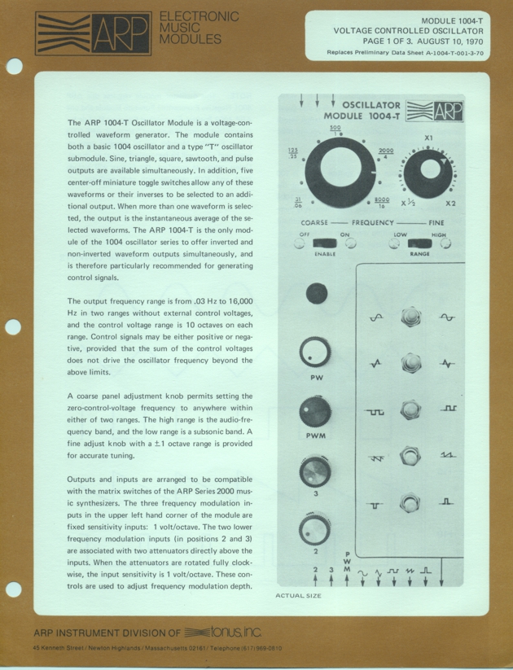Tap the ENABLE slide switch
325,242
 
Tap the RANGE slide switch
420,243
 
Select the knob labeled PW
314,353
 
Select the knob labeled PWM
314,410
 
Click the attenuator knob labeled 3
313,471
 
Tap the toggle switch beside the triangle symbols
410,363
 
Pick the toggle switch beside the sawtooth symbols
410,456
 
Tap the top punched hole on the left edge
14,67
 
